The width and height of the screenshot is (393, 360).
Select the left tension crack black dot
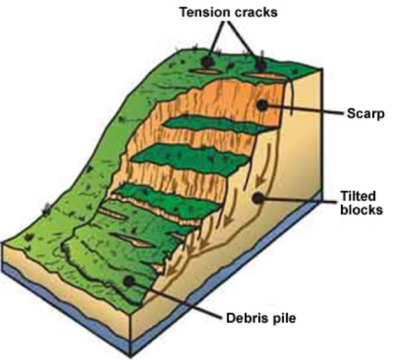[x=207, y=63]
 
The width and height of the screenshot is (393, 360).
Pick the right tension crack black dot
[x=260, y=64]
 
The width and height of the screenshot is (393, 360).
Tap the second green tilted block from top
[x=189, y=155]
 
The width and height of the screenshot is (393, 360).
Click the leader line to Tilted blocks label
[x=296, y=200]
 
